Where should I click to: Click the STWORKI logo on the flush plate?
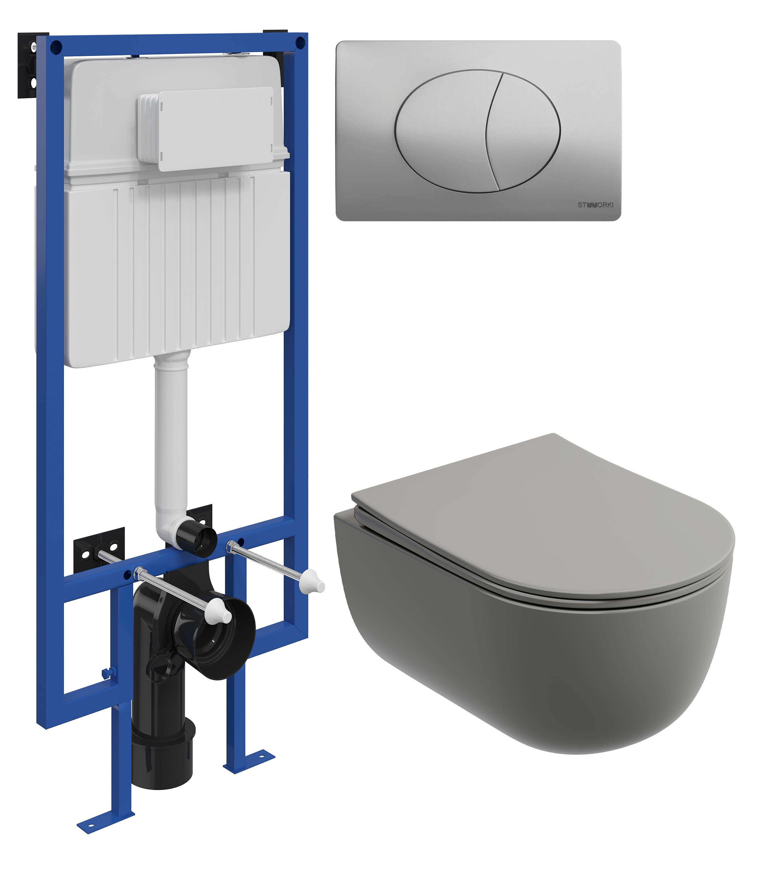595,205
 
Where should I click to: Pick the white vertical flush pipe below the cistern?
171,435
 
